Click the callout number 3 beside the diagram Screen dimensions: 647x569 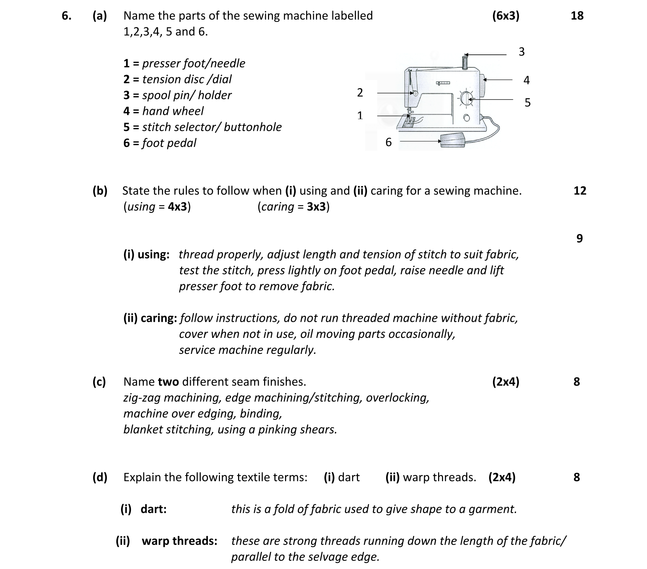tap(521, 52)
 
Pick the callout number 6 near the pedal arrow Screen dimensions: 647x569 tap(388, 142)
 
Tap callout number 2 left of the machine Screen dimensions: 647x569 tap(360, 92)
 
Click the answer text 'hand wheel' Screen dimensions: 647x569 tap(173, 111)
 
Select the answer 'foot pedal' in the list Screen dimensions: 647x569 tap(169, 143)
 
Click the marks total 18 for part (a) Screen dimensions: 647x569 tap(577, 16)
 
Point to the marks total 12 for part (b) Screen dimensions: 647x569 tap(580, 191)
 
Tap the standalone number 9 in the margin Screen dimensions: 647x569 tap(579, 238)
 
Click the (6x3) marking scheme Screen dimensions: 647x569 tap(505, 16)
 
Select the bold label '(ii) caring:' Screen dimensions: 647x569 tap(150, 318)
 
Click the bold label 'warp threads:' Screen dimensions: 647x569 tap(179, 541)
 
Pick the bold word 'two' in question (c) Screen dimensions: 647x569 tap(168, 382)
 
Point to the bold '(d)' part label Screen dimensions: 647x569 tap(100, 477)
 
